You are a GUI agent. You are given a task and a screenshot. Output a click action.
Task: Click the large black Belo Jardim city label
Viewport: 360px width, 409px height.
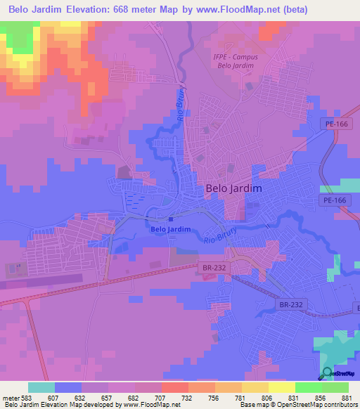(x=233, y=188)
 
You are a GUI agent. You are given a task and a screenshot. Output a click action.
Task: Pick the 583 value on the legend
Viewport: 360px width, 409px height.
(x=26, y=398)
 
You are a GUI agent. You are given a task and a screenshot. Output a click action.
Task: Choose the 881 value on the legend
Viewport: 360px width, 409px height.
(x=346, y=398)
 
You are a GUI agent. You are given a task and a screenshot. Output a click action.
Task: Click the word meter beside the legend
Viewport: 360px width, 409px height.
(x=9, y=398)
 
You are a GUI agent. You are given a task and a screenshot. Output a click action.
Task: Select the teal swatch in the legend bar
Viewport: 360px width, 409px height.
(x=41, y=387)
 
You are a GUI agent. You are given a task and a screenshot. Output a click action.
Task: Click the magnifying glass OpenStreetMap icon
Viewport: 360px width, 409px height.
(x=326, y=373)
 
